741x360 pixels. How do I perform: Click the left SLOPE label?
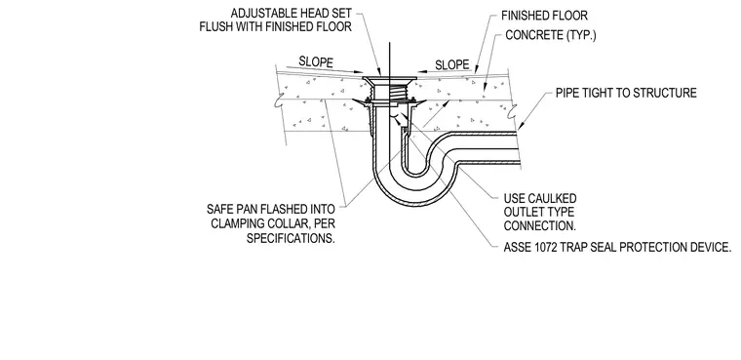pos(316,62)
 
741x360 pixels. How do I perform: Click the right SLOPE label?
pos(452,64)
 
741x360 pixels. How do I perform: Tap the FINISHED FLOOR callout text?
pos(544,16)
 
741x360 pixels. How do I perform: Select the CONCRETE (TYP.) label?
pos(551,35)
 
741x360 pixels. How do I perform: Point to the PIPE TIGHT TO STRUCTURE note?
pos(626,93)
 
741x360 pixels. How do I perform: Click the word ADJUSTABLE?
pos(259,13)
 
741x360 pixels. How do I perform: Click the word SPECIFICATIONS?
pos(291,238)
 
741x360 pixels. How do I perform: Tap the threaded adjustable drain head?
pos(390,90)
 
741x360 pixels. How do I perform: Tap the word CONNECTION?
pos(540,225)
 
